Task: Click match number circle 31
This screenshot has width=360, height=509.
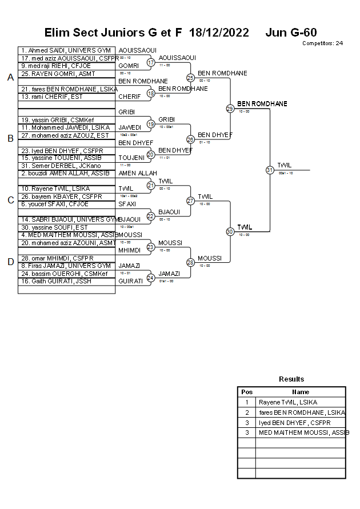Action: point(270,170)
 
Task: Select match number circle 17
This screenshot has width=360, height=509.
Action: point(151,62)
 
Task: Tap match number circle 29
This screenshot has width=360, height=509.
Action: point(230,109)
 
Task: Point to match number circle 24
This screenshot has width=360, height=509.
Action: point(151,278)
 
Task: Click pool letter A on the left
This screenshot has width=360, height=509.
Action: point(10,78)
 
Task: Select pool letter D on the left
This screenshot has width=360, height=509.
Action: point(10,262)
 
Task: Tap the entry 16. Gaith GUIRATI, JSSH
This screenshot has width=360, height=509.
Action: point(57,281)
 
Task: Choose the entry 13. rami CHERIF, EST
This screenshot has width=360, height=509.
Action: point(53,97)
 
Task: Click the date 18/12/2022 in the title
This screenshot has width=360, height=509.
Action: point(219,33)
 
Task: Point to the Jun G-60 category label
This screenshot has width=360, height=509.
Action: point(291,33)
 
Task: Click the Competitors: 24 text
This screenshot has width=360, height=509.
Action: point(322,43)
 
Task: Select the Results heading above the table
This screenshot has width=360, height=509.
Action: point(291,379)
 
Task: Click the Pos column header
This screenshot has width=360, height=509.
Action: point(247,392)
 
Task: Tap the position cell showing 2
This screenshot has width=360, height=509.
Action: point(247,412)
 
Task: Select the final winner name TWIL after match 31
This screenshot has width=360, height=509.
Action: point(285,165)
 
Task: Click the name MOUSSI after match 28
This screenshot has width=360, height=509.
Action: point(210,258)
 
